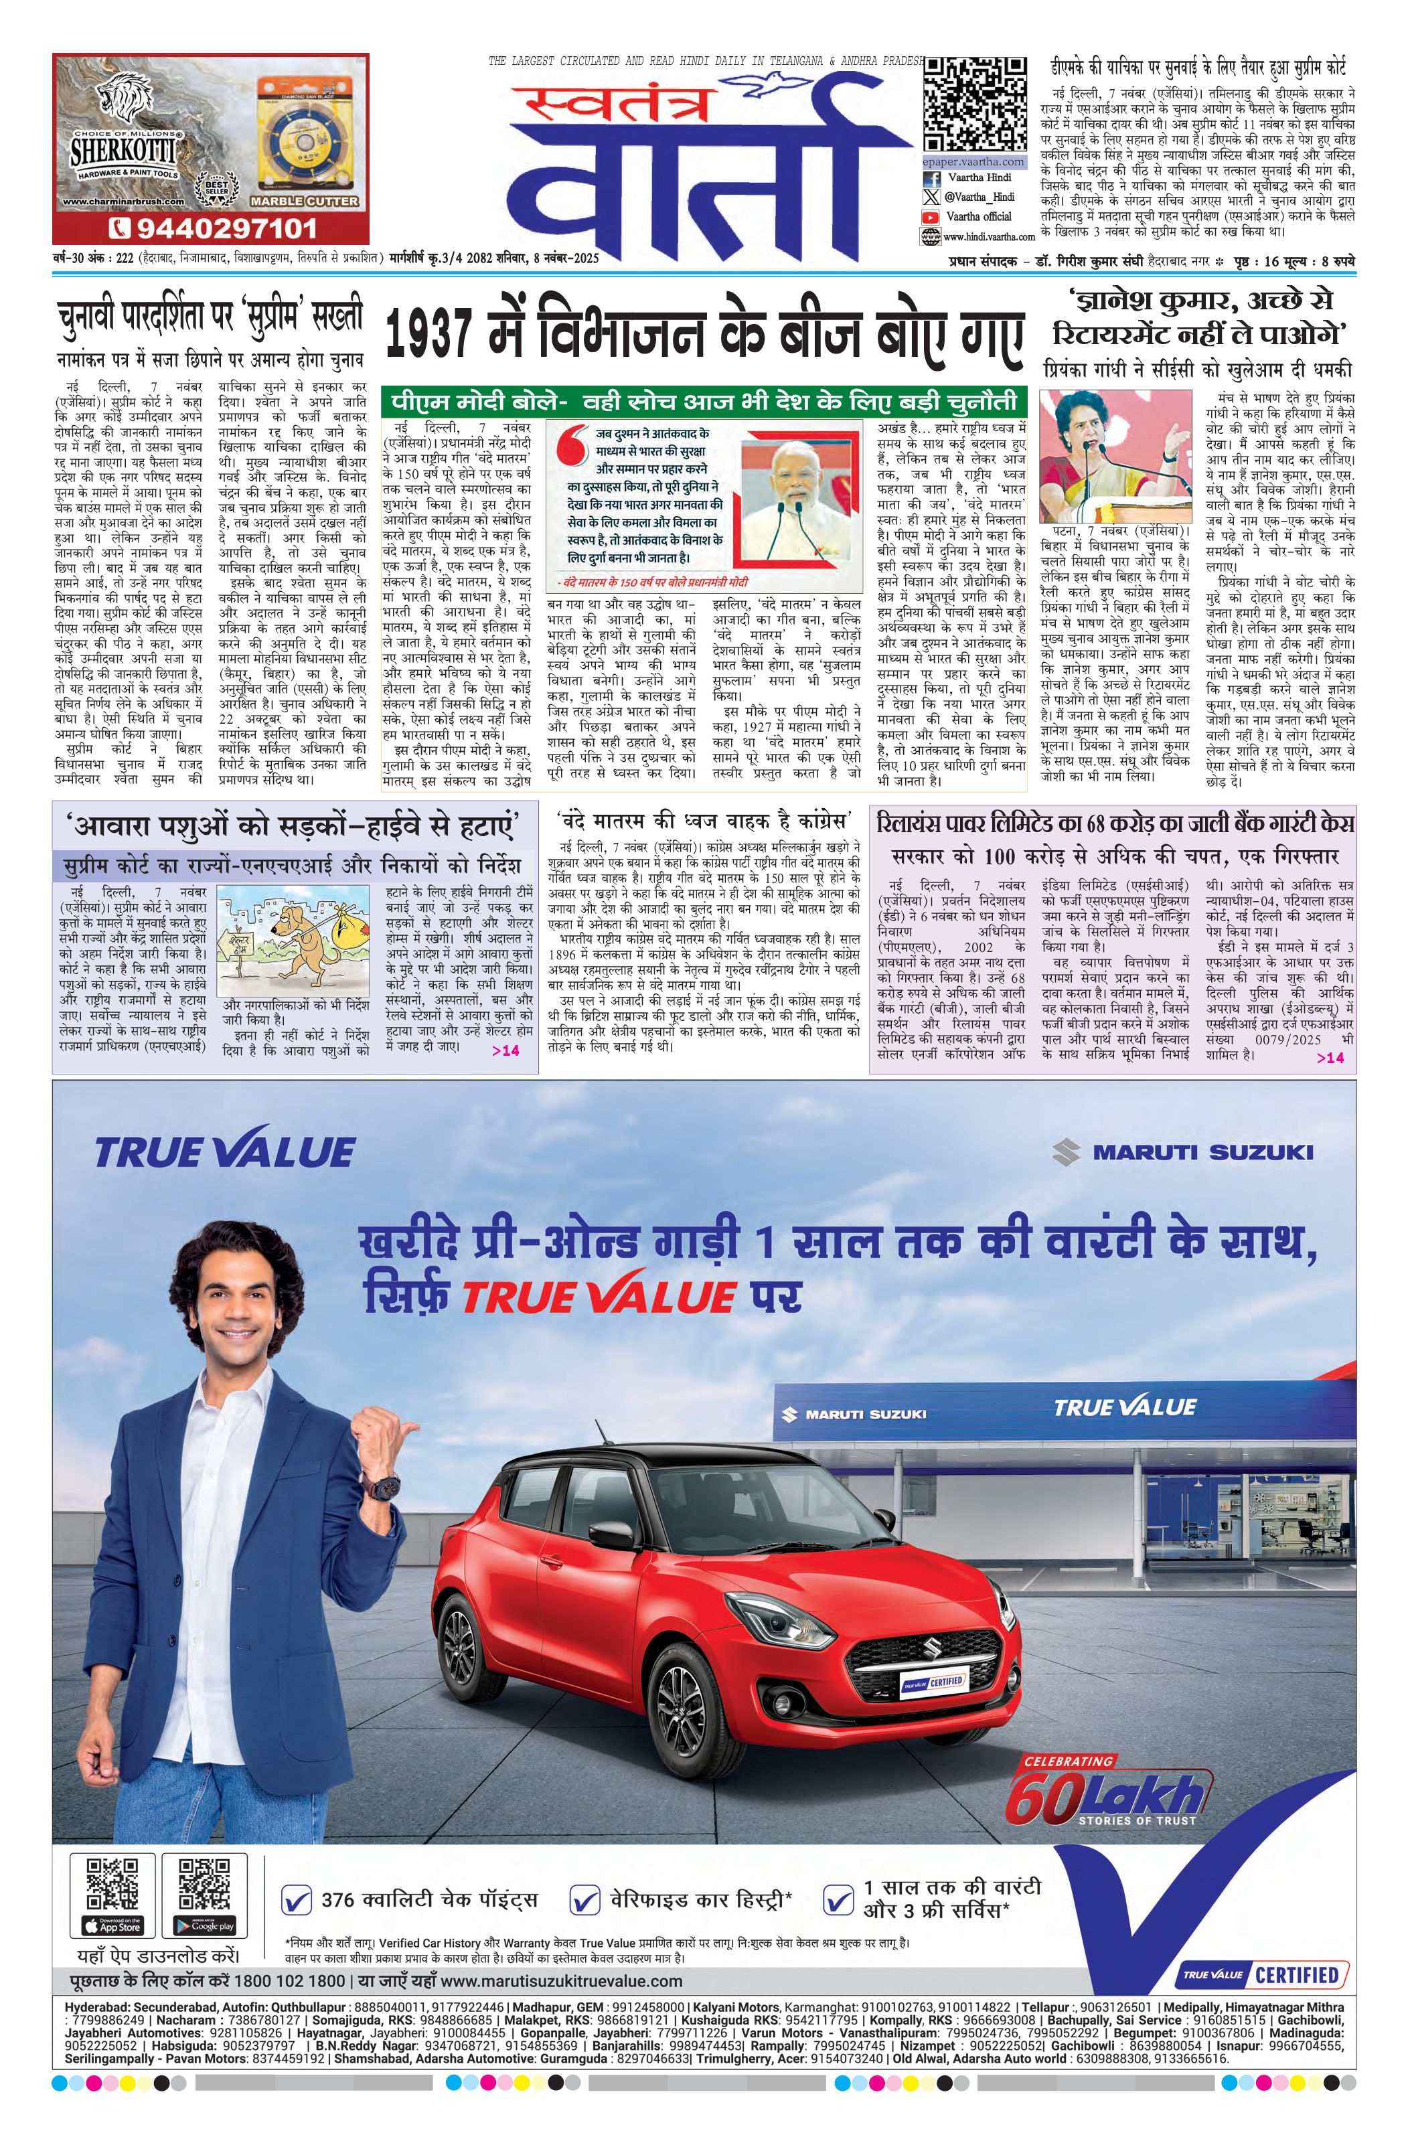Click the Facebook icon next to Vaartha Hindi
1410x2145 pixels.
(x=929, y=179)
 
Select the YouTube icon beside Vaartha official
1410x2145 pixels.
(x=929, y=217)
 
